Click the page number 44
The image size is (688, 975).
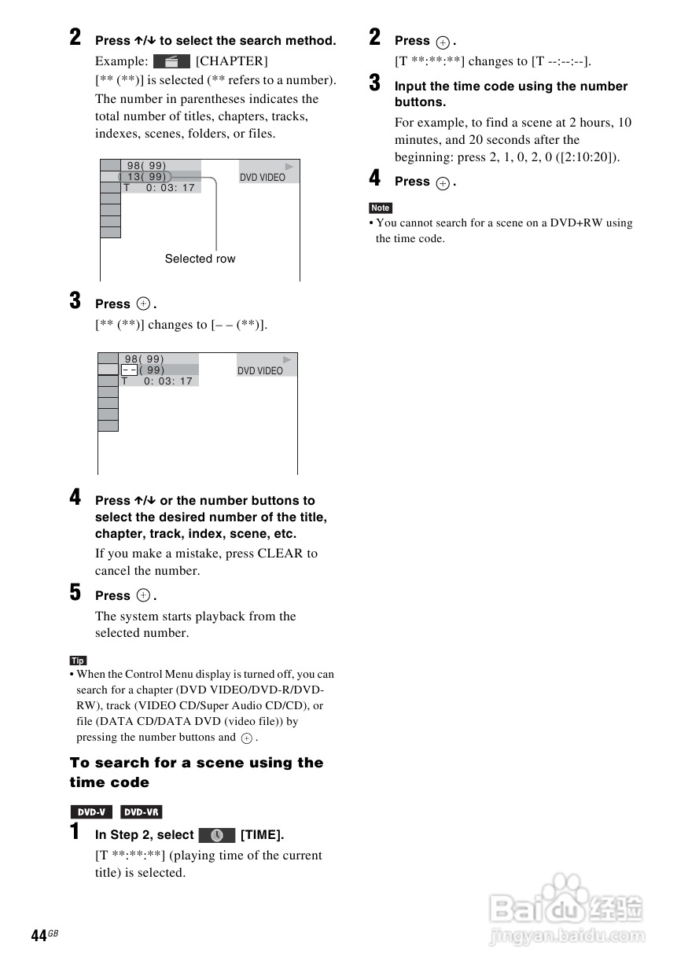pos(39,935)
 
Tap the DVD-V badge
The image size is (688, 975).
pos(91,812)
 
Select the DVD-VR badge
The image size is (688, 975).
pos(142,812)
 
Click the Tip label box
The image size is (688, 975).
pos(78,660)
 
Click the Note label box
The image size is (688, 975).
pos(381,208)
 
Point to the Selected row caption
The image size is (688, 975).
pos(200,259)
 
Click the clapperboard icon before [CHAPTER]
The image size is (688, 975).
pos(171,61)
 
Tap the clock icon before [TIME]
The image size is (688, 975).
pos(217,835)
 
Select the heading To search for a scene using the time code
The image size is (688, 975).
pos(196,772)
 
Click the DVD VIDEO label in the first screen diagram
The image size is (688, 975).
pos(263,178)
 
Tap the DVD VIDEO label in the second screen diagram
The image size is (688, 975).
pos(260,371)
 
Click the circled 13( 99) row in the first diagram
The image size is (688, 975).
pos(145,177)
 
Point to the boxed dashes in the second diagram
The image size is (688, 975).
pos(129,370)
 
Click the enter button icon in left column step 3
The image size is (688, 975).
pos(143,304)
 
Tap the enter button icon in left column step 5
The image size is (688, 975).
pos(143,596)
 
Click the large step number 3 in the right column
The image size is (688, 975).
pos(375,83)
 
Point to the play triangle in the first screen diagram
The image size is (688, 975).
pos(289,167)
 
